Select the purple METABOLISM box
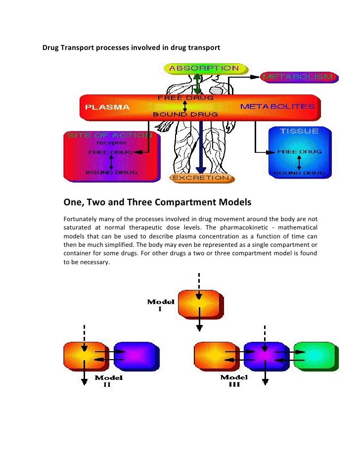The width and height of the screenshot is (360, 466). pyautogui.click(x=299, y=77)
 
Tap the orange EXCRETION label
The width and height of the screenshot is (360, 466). pyautogui.click(x=200, y=177)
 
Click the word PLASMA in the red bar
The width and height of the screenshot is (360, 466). pyautogui.click(x=107, y=107)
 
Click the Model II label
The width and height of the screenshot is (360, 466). pyautogui.click(x=109, y=381)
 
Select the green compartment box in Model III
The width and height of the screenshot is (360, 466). pyautogui.click(x=315, y=356)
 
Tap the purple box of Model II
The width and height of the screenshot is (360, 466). pyautogui.click(x=135, y=356)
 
